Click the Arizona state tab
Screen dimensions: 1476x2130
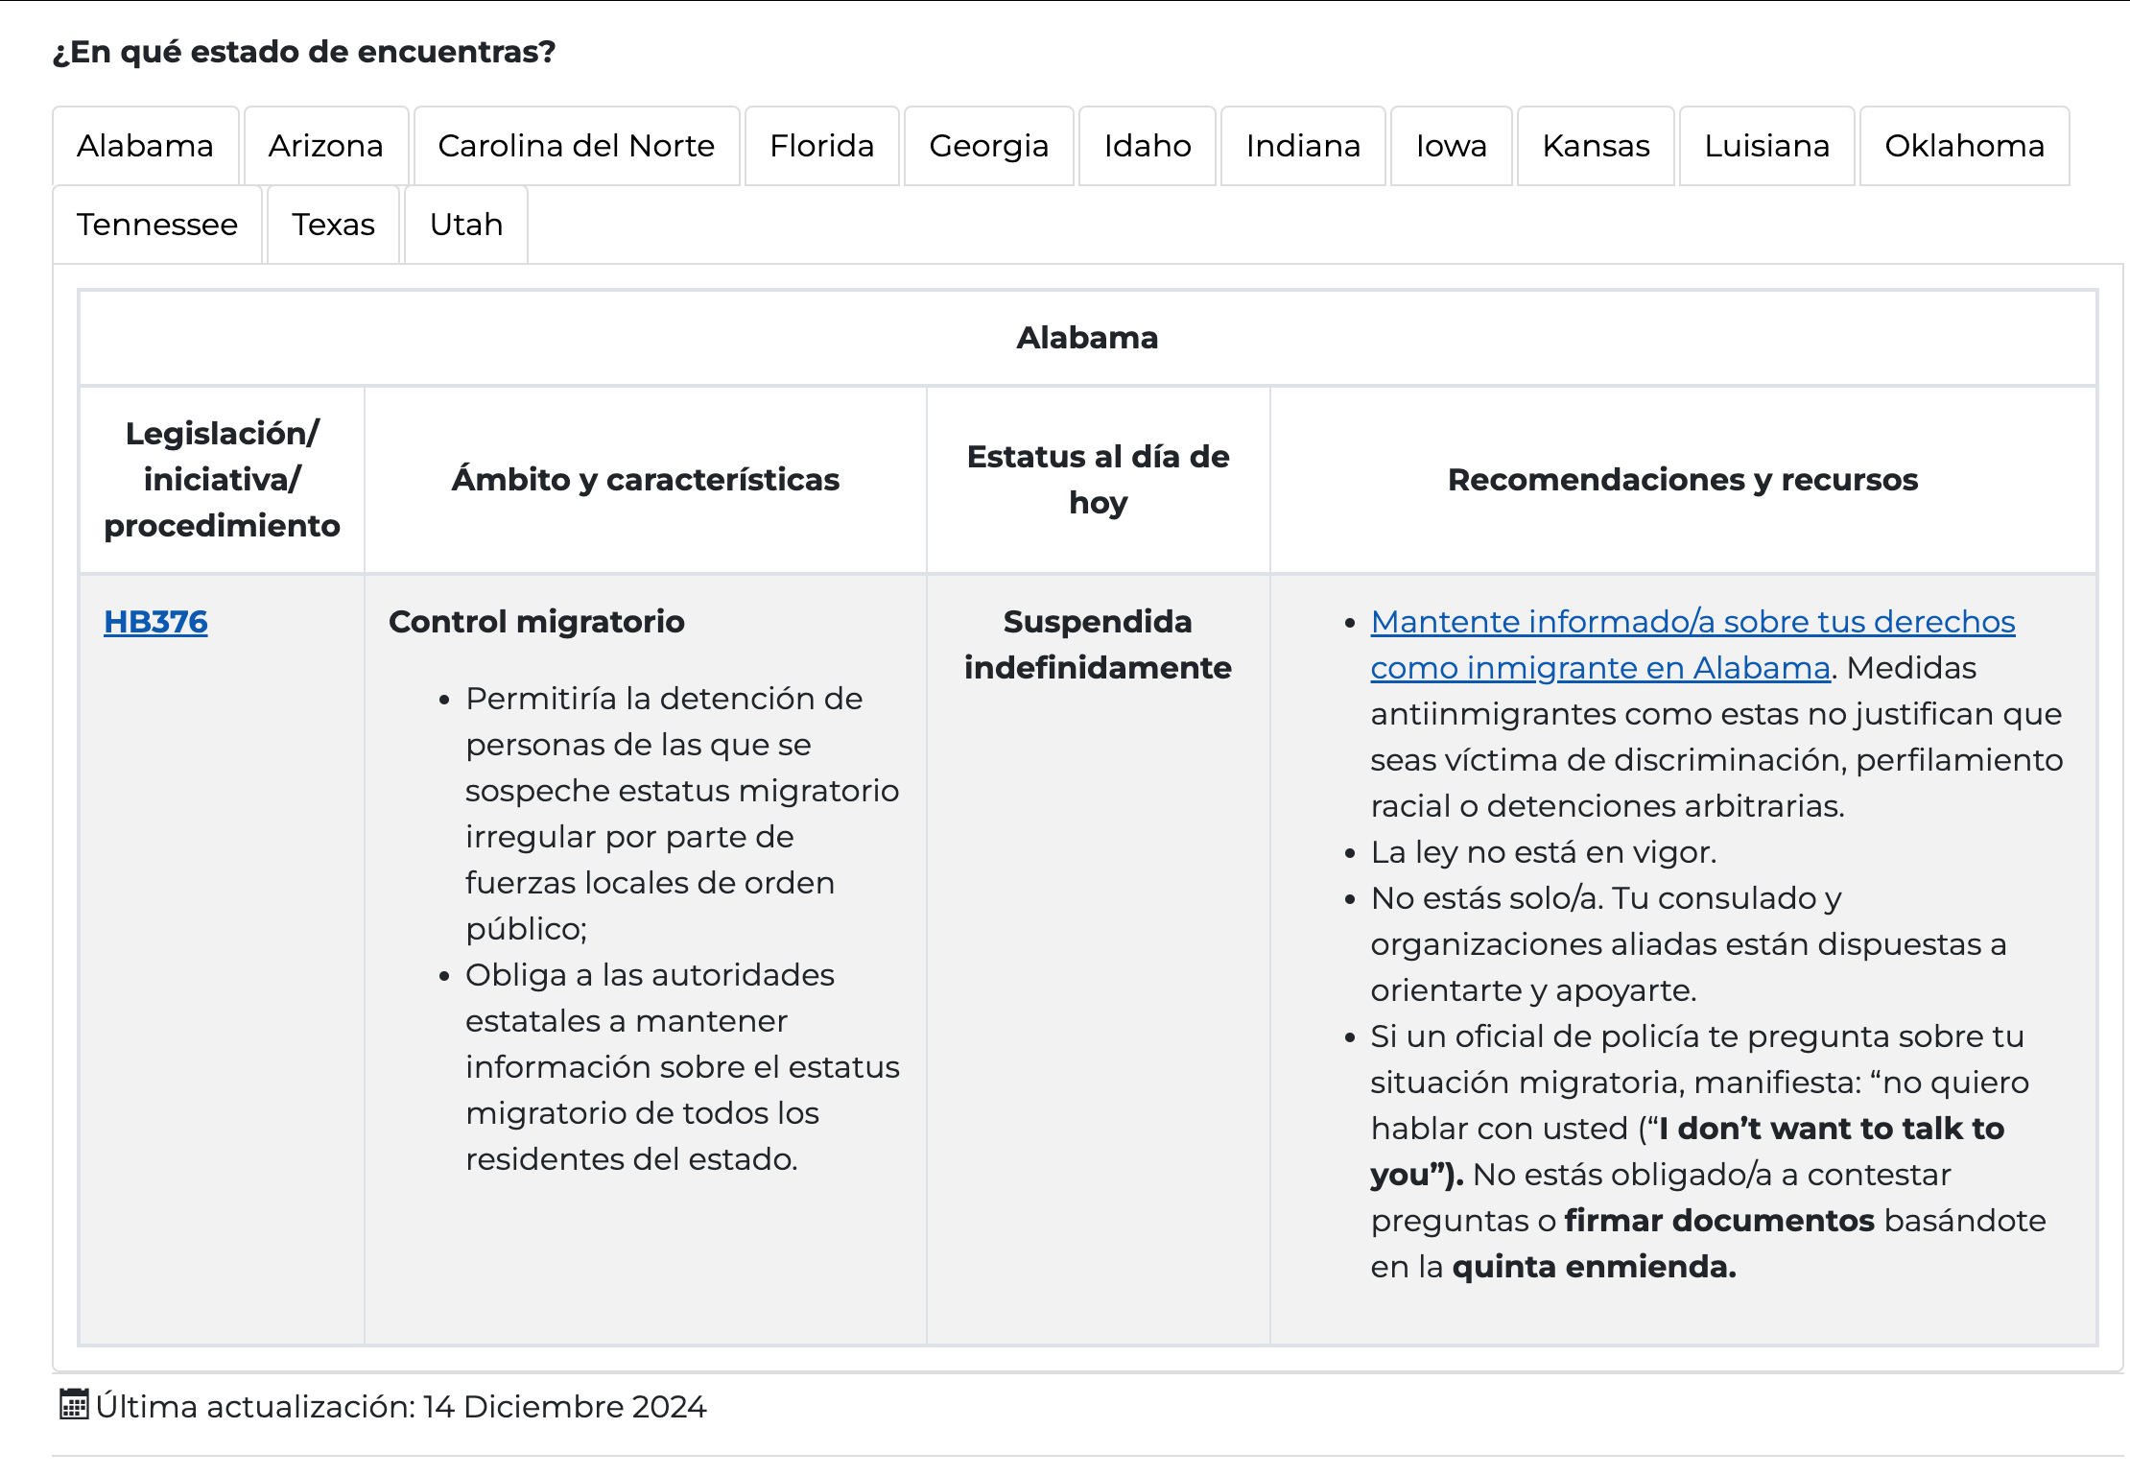click(326, 146)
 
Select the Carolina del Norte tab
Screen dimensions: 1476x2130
click(577, 146)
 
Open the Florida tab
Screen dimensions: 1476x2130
click(822, 146)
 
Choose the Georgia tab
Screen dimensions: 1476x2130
click(989, 146)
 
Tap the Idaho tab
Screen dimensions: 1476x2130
click(1148, 146)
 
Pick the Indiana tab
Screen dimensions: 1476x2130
click(1303, 146)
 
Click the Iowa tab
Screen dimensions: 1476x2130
click(1452, 146)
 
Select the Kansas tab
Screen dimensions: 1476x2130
click(1597, 146)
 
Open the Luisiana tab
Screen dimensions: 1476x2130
click(1767, 146)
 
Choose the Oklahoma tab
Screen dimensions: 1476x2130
click(1965, 146)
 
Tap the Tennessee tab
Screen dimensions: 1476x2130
click(157, 225)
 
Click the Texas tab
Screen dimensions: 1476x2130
click(334, 225)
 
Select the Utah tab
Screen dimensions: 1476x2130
click(466, 225)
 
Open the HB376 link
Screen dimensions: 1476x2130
click(155, 622)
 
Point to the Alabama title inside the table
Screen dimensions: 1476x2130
click(1087, 338)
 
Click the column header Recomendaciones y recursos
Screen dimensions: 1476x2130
click(1683, 480)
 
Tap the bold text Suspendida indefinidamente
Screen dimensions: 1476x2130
click(1098, 645)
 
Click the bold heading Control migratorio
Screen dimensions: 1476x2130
click(536, 622)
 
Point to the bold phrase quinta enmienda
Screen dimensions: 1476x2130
click(1594, 1267)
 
